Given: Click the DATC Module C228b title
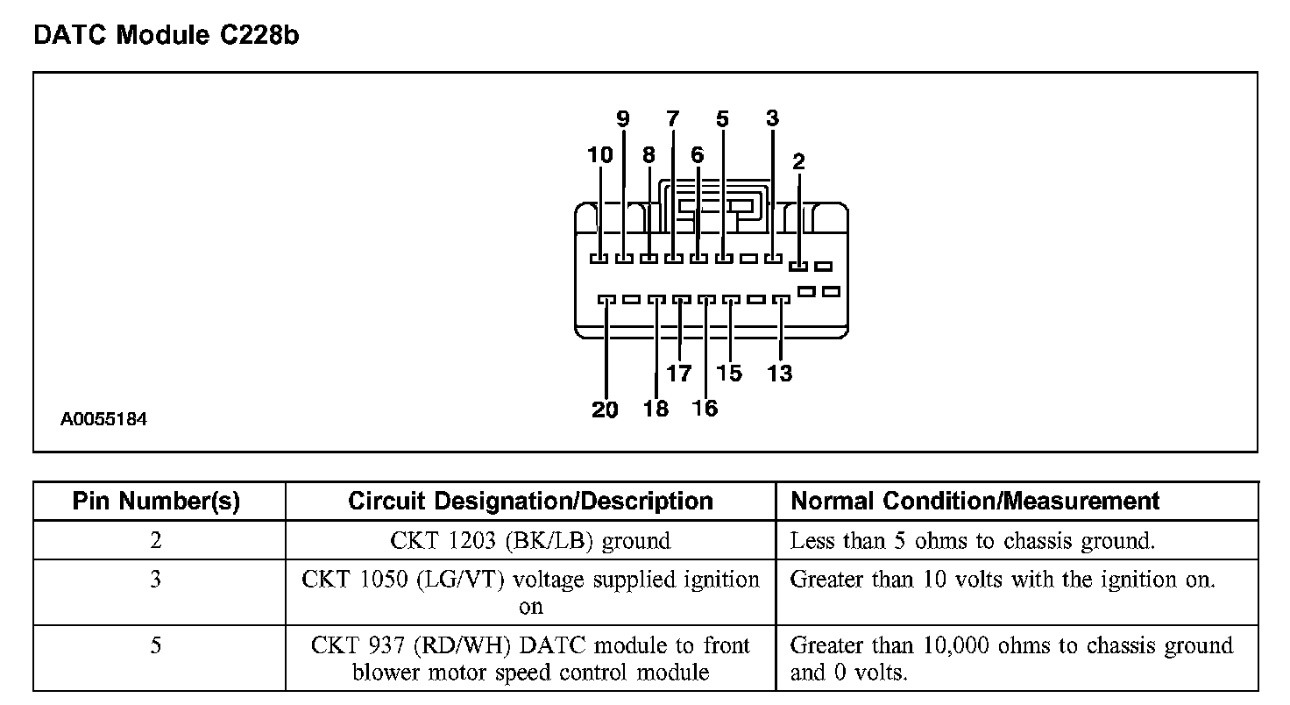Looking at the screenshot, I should tap(167, 36).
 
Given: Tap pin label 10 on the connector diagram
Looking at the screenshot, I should tap(600, 155).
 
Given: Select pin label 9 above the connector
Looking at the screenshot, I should tap(623, 118).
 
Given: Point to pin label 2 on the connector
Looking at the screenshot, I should tap(798, 161).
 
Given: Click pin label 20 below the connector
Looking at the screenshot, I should tap(605, 409).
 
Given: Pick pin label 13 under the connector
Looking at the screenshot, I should tap(779, 374).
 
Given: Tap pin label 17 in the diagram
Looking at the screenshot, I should tap(679, 374).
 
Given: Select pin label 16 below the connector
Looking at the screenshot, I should tap(705, 409).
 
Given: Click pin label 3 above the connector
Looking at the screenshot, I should tap(772, 118).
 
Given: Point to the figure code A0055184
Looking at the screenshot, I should tap(103, 420).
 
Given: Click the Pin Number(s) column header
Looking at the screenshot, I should tap(156, 502).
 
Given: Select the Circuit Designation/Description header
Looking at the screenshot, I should tap(530, 502).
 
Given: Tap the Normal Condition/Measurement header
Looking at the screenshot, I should tap(975, 502).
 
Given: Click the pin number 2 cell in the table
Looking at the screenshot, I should tap(156, 541).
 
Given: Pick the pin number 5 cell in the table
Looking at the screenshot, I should tap(156, 646).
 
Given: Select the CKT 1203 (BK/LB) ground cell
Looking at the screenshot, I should tap(530, 541).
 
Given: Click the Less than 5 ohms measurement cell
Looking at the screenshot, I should tap(973, 541).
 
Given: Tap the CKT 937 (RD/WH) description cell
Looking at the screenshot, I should tap(530, 659).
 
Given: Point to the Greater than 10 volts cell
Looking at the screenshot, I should tap(1003, 580).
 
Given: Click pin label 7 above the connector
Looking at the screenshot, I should tap(672, 118).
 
